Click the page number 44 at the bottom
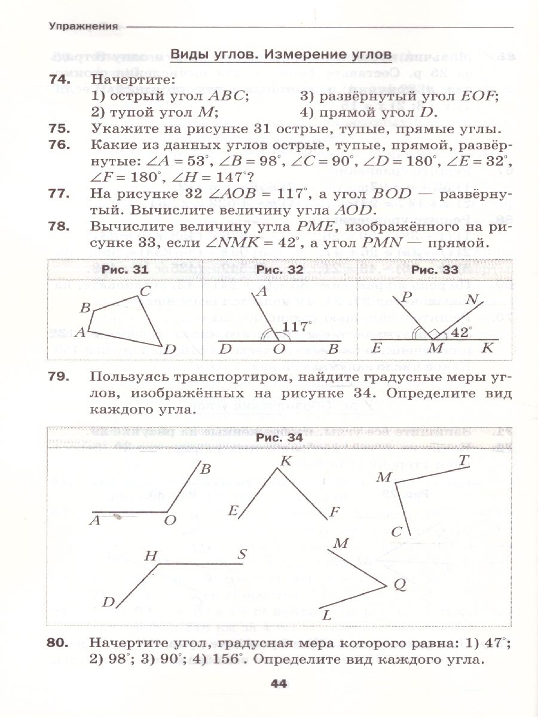(280, 684)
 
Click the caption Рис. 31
(124, 270)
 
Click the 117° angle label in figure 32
(298, 327)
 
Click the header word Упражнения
(82, 26)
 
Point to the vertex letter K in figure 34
(285, 461)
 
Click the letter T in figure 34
(463, 459)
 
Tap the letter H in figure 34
(151, 556)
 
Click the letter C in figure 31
(146, 292)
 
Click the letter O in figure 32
(279, 350)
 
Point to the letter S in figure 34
(242, 554)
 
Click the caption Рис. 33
(435, 270)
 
